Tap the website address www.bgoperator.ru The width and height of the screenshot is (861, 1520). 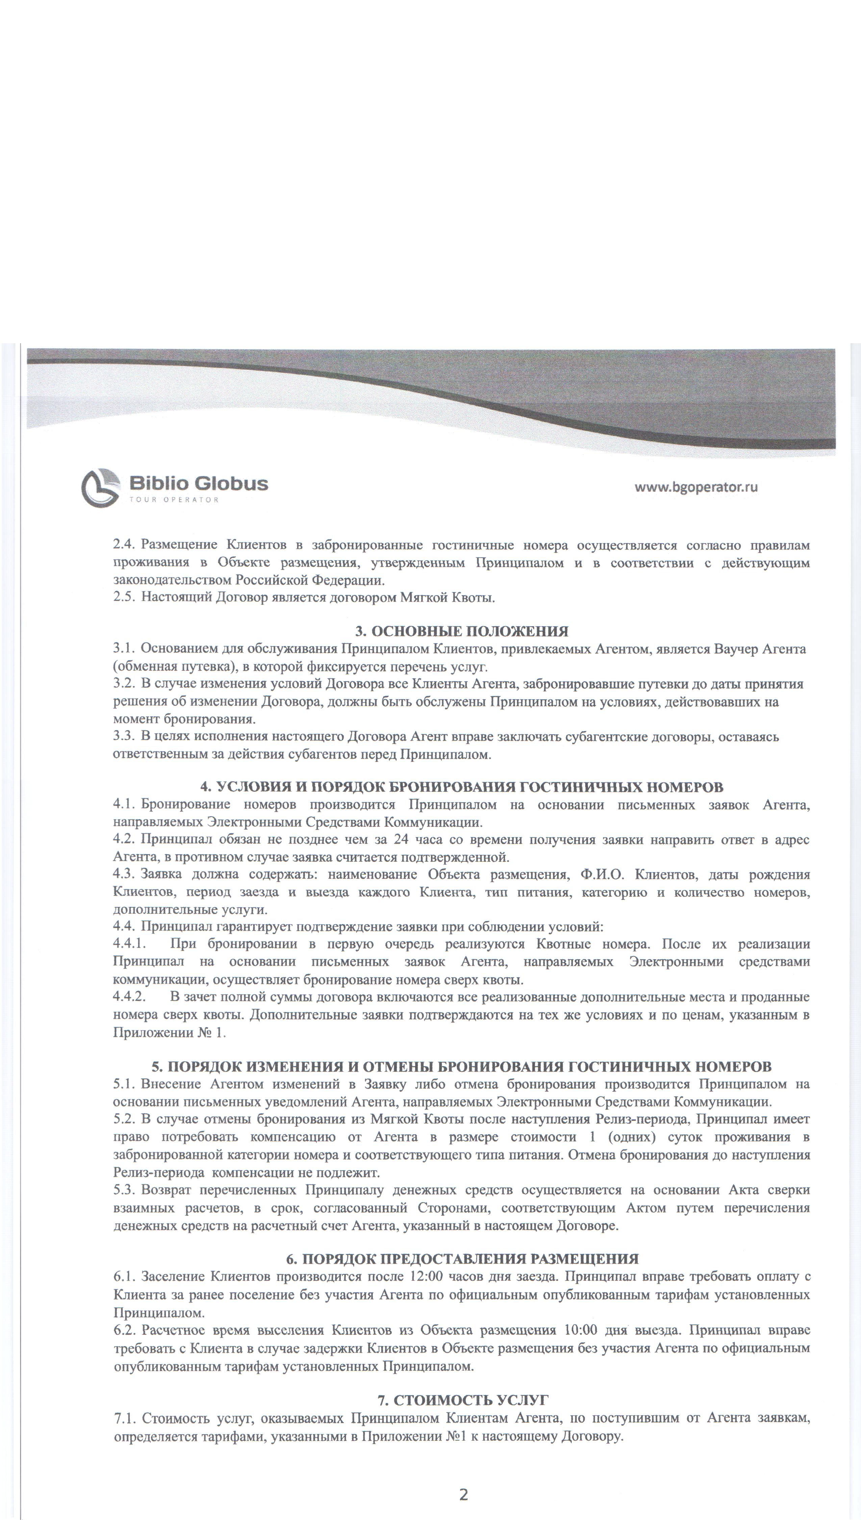(696, 487)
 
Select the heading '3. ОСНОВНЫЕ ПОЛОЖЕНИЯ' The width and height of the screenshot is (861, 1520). (462, 631)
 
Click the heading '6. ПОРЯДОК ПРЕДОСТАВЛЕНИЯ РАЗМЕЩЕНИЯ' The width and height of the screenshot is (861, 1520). (462, 828)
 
